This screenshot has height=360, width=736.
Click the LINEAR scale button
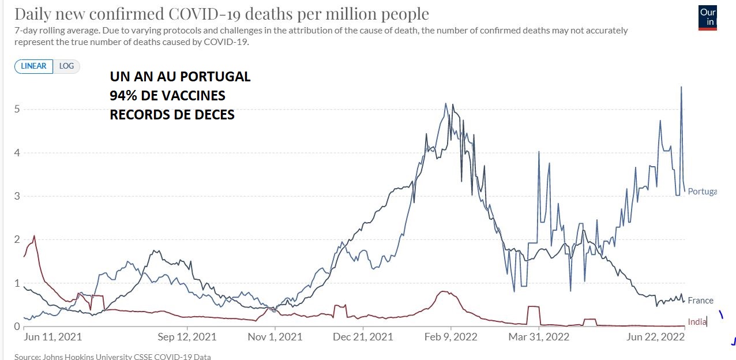pyautogui.click(x=33, y=66)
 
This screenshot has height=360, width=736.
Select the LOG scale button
pyautogui.click(x=66, y=66)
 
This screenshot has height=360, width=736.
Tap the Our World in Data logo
pyautogui.click(x=707, y=17)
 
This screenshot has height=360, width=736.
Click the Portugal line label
pyautogui.click(x=701, y=192)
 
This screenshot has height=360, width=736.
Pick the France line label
pyautogui.click(x=700, y=301)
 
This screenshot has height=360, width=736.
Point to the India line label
pyautogui.click(x=697, y=321)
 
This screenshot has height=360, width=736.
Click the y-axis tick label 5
pyautogui.click(x=17, y=109)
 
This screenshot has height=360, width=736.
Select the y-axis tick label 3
pyautogui.click(x=17, y=196)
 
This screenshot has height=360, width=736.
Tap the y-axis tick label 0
pyautogui.click(x=17, y=327)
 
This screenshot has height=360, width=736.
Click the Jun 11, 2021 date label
pyautogui.click(x=53, y=337)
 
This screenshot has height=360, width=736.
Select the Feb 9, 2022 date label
pyautogui.click(x=451, y=337)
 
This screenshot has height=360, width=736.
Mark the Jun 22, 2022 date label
pyautogui.click(x=656, y=337)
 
